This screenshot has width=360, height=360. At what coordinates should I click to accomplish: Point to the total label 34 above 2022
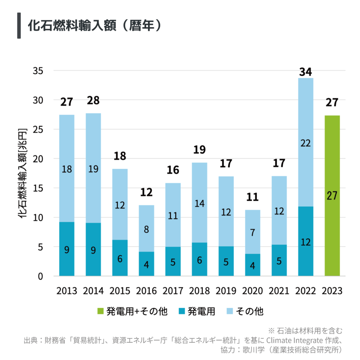point(306,72)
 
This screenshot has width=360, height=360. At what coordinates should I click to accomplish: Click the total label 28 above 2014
point(93,101)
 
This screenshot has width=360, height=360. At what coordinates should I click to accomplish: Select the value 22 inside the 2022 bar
point(306,143)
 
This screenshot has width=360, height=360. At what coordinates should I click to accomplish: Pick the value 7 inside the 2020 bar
point(252,232)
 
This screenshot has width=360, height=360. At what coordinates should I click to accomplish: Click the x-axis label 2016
point(146,291)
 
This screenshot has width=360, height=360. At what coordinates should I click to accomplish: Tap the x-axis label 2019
point(226,291)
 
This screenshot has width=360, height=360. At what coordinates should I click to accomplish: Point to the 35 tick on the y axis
point(38,71)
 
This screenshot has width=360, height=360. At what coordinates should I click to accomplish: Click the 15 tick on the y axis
point(38,188)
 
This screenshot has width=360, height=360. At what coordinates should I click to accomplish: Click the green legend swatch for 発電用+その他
point(101,311)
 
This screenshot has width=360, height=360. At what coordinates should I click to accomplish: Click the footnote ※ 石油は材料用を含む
point(305,331)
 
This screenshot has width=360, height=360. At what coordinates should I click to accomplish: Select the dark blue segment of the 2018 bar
point(199,259)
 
